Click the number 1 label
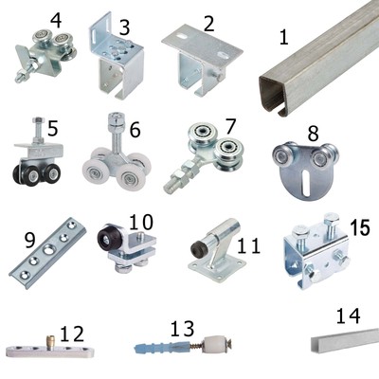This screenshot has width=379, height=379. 284,37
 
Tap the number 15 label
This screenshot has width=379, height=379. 360,227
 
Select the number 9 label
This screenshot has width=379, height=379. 29,241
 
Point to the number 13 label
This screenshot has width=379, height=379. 183,329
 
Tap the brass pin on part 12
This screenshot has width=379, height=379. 50,341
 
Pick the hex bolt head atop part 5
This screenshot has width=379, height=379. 38,120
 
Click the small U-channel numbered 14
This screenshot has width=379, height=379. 344,339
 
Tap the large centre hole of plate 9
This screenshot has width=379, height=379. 48,249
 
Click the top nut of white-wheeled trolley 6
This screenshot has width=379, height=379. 117,124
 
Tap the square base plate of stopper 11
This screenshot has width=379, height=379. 217,266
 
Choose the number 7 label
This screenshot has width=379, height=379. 231,126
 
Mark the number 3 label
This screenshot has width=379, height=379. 125,27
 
